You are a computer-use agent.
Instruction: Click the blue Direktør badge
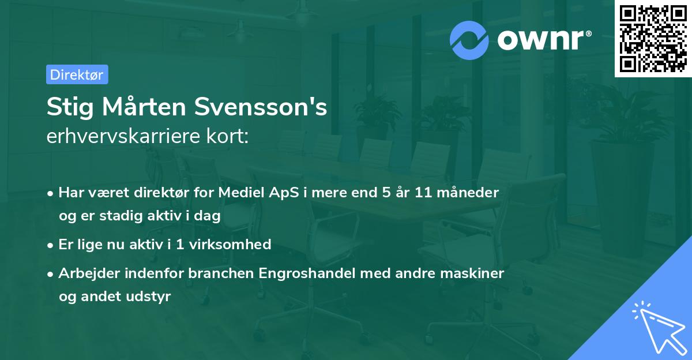pos(77,74)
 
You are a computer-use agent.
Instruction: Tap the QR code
pos(653,39)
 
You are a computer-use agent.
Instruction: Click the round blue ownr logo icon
pos(469,39)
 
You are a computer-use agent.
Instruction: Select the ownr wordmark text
pos(543,40)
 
